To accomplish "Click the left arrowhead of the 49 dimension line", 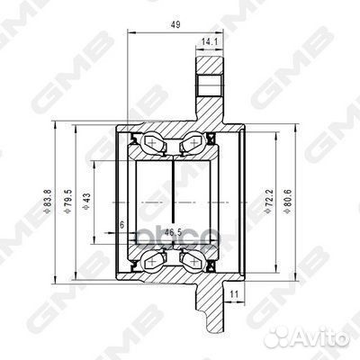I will pyautogui.click(x=132, y=32).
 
